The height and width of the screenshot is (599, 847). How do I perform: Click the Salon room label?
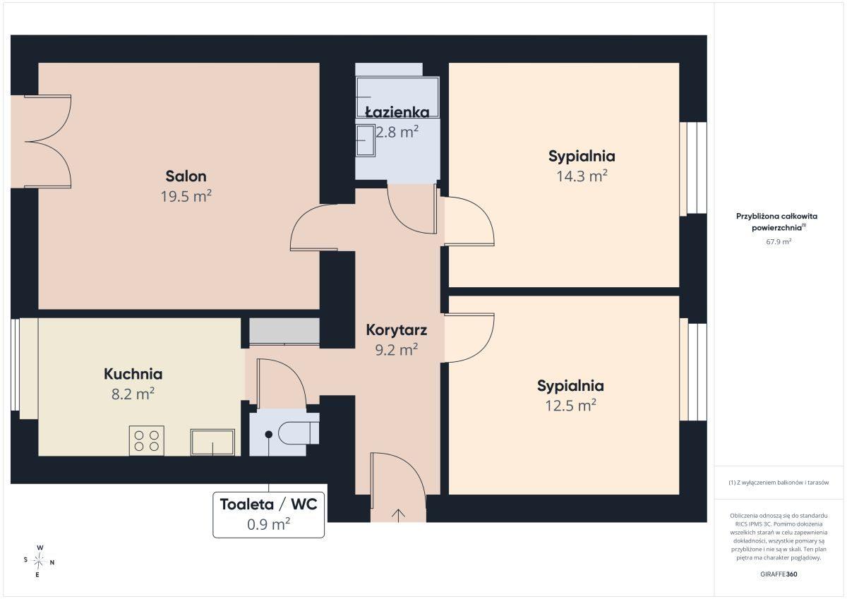(186, 176)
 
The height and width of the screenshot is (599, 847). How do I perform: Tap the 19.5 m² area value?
(186, 196)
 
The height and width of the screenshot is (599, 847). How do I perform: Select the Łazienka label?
(397, 112)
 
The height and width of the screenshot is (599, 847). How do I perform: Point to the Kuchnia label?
(133, 374)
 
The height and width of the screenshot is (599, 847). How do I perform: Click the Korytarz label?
(396, 330)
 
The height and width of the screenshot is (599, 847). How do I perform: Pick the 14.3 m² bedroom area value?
(582, 176)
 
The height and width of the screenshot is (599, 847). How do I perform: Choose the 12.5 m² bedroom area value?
(570, 405)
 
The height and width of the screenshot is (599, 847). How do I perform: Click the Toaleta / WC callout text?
(268, 504)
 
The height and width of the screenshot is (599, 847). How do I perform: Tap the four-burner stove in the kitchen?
(146, 441)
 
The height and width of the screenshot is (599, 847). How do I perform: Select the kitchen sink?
(212, 442)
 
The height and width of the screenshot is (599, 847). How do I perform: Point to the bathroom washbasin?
(366, 140)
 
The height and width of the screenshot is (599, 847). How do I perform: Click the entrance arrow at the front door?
(399, 516)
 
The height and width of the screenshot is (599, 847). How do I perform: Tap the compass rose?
(39, 561)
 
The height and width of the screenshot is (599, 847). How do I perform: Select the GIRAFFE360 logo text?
(779, 574)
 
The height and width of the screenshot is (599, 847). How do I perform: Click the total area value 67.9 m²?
(779, 241)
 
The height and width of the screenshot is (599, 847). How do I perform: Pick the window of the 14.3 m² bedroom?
(693, 168)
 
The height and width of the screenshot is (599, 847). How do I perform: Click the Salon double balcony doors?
(48, 142)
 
